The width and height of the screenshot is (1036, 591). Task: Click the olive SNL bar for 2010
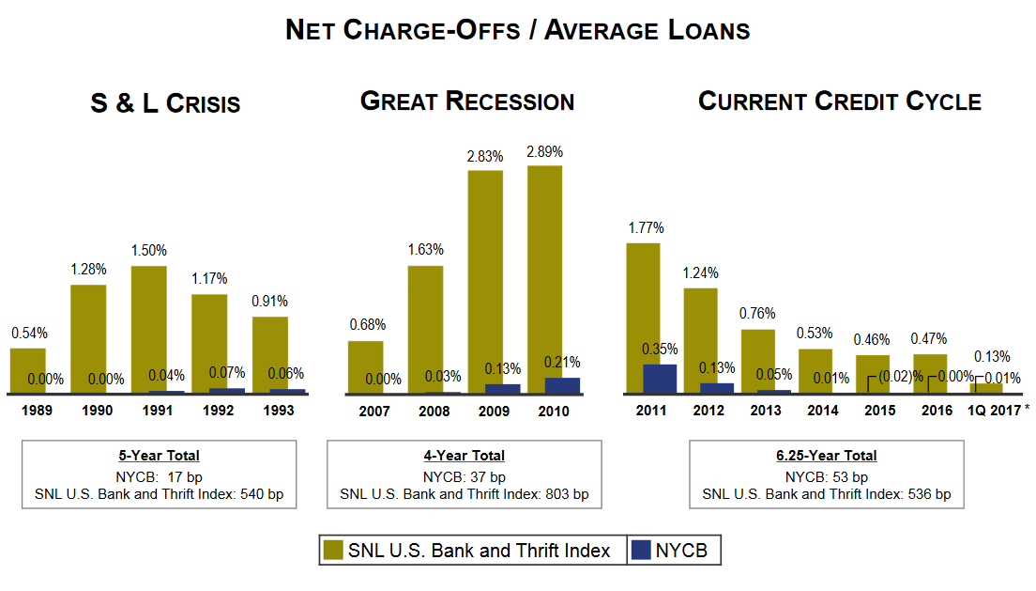pos(544,272)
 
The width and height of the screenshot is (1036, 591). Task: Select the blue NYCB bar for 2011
pos(660,378)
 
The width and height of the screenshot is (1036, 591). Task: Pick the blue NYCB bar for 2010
pos(562,385)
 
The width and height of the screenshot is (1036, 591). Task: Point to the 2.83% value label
pos(485,156)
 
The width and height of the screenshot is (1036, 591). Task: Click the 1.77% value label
pos(645,227)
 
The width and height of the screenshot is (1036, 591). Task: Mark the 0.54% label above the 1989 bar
pos(29,333)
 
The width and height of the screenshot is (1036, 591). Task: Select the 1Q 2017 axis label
pos(994,411)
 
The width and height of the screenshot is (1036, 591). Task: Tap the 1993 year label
pos(278,411)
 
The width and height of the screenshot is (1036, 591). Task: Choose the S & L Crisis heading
pos(165,103)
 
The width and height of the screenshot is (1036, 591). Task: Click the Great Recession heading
pos(467,101)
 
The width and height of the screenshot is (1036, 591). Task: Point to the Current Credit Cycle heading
pos(840,101)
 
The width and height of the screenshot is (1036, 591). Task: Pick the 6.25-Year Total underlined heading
pos(827,456)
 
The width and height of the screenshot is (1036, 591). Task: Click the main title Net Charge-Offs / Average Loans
pos(517,30)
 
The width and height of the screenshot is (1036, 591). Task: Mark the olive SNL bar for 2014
pos(815,370)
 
